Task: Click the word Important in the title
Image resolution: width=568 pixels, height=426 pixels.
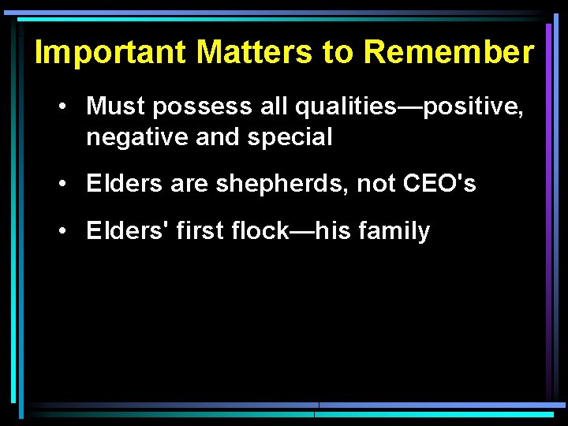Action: (111, 53)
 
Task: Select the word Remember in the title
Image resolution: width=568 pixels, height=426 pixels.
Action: (450, 53)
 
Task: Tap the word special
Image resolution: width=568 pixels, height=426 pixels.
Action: (290, 137)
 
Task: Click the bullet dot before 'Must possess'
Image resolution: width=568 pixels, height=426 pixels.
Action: (61, 106)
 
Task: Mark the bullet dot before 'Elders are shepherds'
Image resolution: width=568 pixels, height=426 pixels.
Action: (61, 185)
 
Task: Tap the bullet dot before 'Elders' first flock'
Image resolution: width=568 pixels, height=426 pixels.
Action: (61, 231)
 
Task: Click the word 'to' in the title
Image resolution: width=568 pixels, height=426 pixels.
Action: (339, 53)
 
